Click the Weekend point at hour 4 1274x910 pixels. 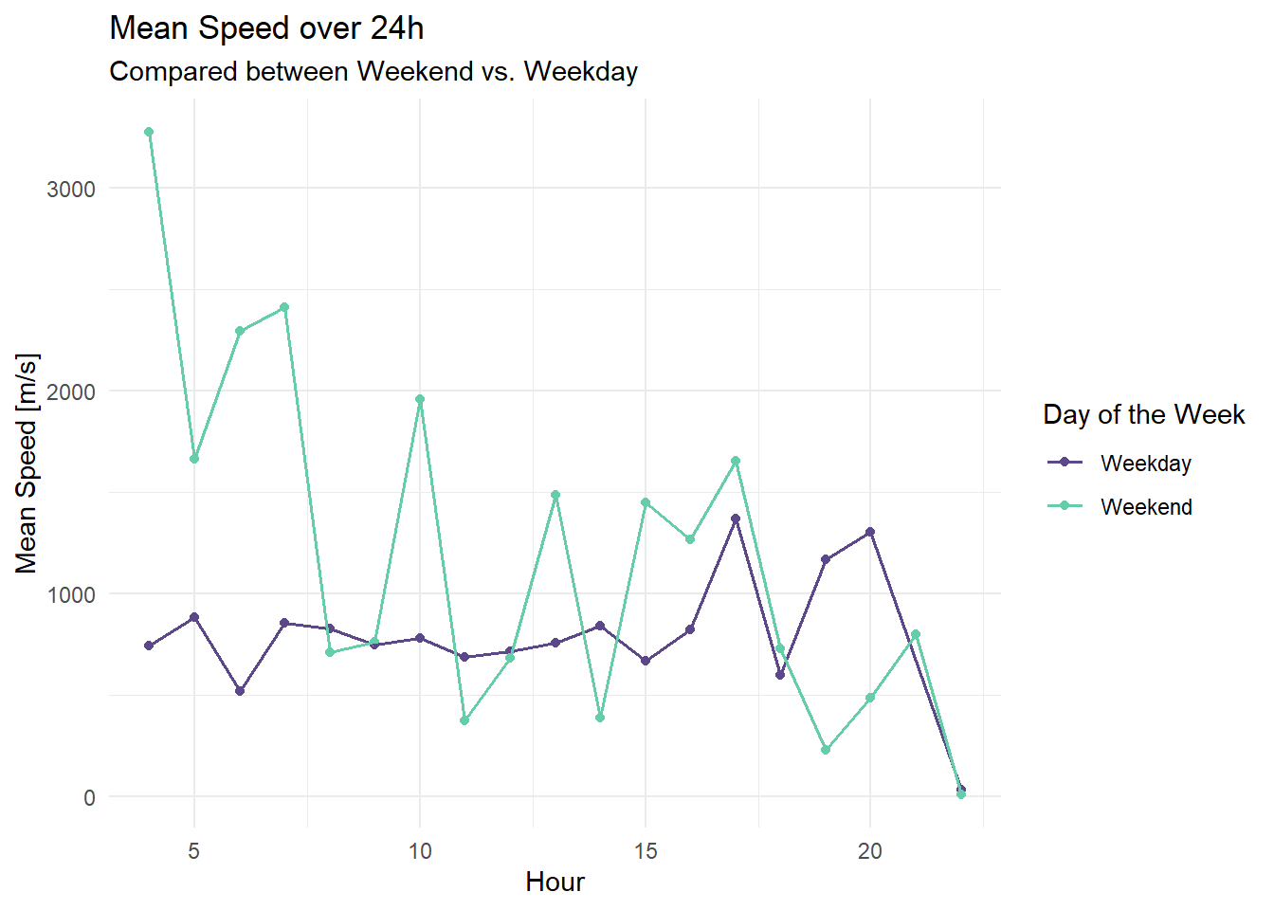tap(149, 132)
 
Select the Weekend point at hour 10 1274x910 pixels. tap(420, 399)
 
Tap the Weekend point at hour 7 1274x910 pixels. tap(284, 307)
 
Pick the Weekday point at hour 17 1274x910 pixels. tap(736, 519)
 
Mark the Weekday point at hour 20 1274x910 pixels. tap(870, 532)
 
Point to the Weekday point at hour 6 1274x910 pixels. tap(240, 691)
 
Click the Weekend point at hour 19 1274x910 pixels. tap(826, 750)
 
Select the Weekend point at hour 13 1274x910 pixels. tap(555, 495)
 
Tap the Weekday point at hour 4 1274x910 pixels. tap(149, 646)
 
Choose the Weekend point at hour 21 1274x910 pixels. tap(916, 634)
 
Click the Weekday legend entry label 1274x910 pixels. tap(1145, 464)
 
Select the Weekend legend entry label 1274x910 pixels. tap(1146, 507)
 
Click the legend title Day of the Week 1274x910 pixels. tap(1143, 414)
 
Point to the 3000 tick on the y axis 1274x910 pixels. tap(71, 189)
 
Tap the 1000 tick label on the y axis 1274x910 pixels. tap(71, 594)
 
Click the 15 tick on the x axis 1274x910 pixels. tap(646, 851)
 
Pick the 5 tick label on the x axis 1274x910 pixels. tap(194, 851)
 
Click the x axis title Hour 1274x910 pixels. tap(555, 883)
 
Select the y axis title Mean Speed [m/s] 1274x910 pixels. tap(27, 464)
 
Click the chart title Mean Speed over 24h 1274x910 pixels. tap(266, 28)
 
